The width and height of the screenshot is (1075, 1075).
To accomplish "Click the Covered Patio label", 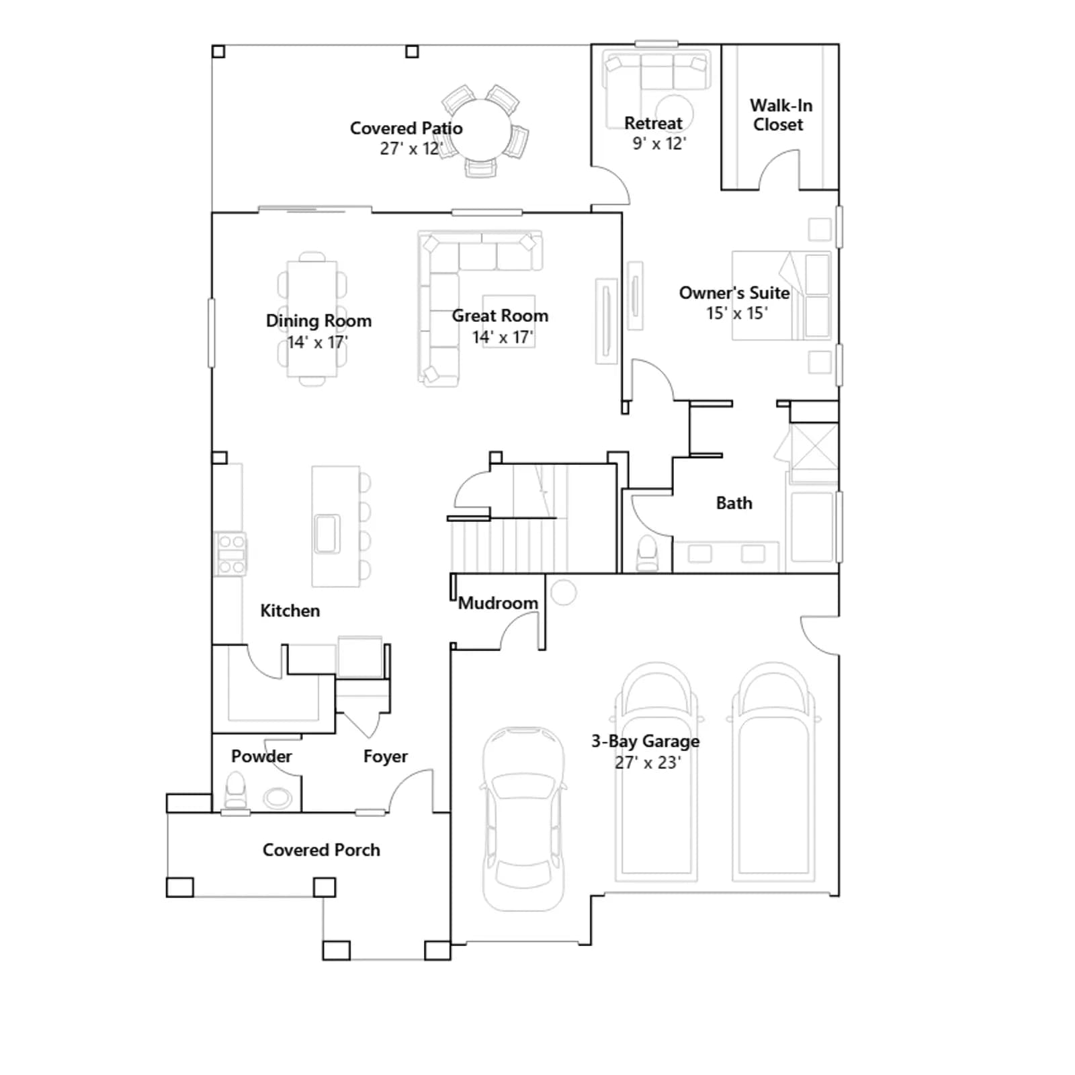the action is click(406, 128).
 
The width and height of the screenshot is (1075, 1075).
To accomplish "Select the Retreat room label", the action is click(653, 124).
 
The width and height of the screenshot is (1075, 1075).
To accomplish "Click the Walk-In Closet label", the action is click(781, 115).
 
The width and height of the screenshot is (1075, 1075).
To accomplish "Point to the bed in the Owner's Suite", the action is click(781, 296).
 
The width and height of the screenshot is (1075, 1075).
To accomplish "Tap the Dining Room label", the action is click(318, 320).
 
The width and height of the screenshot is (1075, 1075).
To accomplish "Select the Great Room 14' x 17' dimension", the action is click(503, 337).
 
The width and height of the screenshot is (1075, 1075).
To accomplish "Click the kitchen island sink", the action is click(327, 533).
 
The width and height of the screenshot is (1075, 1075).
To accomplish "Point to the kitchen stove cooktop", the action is click(230, 554).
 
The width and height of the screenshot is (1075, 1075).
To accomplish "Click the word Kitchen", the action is click(290, 611).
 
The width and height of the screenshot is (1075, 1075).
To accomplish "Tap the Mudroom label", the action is click(498, 603).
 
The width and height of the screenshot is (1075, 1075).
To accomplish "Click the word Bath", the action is click(734, 503).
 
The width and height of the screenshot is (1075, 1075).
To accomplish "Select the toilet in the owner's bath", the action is click(647, 553).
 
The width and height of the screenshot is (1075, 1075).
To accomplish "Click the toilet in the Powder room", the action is click(235, 790).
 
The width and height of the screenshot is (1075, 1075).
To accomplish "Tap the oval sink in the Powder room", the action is click(277, 798).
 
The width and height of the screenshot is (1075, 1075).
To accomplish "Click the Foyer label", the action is click(386, 757).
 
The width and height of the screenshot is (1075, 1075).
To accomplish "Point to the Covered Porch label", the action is click(321, 850).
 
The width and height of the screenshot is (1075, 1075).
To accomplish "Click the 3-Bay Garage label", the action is click(645, 741).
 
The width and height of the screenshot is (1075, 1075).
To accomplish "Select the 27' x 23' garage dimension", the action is click(648, 763).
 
